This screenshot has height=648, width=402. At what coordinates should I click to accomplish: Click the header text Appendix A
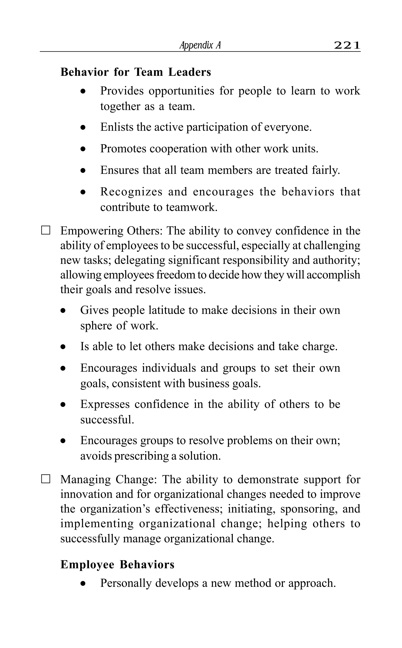[200, 46]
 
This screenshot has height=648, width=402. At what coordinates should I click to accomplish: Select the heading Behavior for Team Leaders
[136, 72]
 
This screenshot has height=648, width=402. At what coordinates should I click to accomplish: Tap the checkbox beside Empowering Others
[46, 230]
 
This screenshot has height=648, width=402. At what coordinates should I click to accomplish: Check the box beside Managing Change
[46, 479]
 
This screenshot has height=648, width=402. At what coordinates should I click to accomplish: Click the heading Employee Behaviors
[117, 564]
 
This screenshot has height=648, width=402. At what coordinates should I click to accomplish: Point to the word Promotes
[123, 149]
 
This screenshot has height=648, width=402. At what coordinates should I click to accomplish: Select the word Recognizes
[131, 192]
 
